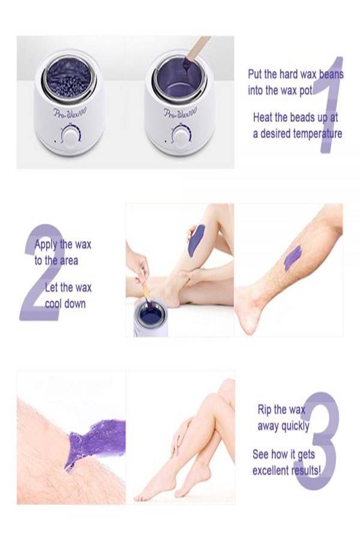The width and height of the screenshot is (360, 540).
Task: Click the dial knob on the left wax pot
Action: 71,137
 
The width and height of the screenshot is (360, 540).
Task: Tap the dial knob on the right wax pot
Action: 181,136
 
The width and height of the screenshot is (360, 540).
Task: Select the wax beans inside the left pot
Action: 68,79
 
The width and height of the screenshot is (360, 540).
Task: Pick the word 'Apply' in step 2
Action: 46,245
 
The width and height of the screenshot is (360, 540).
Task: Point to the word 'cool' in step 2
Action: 53,304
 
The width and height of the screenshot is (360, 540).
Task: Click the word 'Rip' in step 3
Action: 264,410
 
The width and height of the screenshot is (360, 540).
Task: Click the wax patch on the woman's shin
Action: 196,241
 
